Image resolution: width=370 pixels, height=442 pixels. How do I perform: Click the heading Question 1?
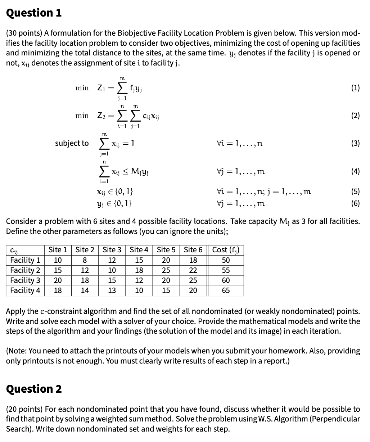[x=34, y=13]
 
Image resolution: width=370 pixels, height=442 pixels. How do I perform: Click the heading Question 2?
[x=34, y=389]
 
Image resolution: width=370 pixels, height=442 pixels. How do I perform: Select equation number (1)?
[x=355, y=88]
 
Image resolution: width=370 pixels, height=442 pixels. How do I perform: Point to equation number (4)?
[x=355, y=171]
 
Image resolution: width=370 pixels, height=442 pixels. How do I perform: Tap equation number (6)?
[x=355, y=203]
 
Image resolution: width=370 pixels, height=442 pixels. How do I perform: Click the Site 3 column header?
[x=112, y=250]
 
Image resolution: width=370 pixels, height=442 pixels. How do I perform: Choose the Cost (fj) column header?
[x=226, y=250]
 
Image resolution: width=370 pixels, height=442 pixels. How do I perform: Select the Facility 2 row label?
[x=25, y=270]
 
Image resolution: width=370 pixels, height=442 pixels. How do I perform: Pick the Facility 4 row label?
[x=25, y=290]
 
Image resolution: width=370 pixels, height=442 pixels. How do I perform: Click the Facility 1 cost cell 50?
[x=226, y=260]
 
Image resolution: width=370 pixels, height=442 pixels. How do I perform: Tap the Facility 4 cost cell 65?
[x=226, y=290]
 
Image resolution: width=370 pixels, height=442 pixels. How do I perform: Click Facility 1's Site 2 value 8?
[x=85, y=260]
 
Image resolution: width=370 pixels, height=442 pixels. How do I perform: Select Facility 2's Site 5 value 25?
[x=166, y=270]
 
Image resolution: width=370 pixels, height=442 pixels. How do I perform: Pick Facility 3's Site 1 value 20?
[x=58, y=280]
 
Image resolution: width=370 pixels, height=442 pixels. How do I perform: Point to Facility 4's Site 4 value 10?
[x=139, y=290]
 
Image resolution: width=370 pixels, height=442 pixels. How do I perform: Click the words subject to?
[x=72, y=143]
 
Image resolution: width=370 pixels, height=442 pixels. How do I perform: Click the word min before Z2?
[x=82, y=116]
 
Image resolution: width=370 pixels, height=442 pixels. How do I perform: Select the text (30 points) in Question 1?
[x=24, y=33]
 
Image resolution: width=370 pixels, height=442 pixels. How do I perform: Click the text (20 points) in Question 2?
[x=24, y=409]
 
